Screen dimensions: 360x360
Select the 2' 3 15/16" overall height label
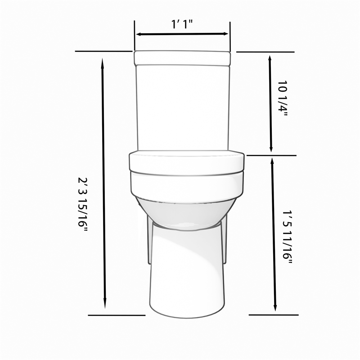tap(82, 205)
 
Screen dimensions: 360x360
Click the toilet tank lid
tap(182, 57)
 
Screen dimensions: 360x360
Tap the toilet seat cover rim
tap(187, 162)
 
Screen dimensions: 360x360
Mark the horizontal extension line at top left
tap(103, 51)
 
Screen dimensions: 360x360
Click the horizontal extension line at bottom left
tap(116, 315)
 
